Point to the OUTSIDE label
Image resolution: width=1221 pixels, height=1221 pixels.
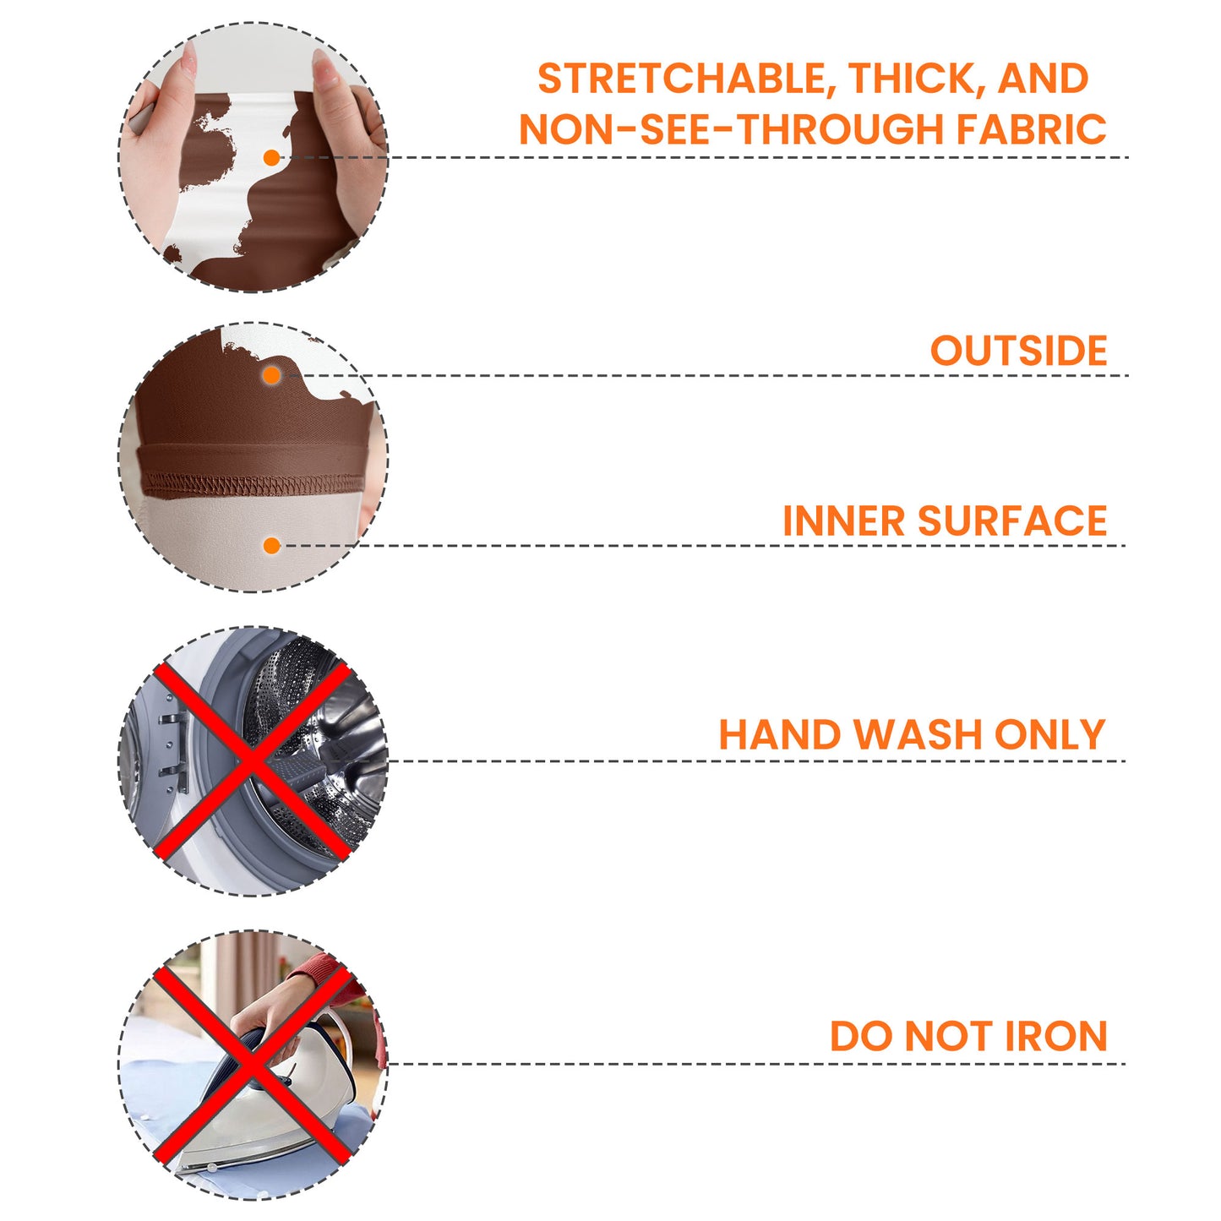coord(1018,350)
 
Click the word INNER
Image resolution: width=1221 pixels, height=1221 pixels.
coord(845,521)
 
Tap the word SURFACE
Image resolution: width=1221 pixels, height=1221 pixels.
coord(1012,521)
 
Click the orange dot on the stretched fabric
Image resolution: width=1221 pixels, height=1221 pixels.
coord(271,158)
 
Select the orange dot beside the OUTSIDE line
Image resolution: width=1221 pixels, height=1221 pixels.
coord(271,376)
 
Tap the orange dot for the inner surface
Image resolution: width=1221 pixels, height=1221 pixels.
coord(271,546)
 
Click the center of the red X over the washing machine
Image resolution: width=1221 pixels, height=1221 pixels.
coord(252,760)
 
